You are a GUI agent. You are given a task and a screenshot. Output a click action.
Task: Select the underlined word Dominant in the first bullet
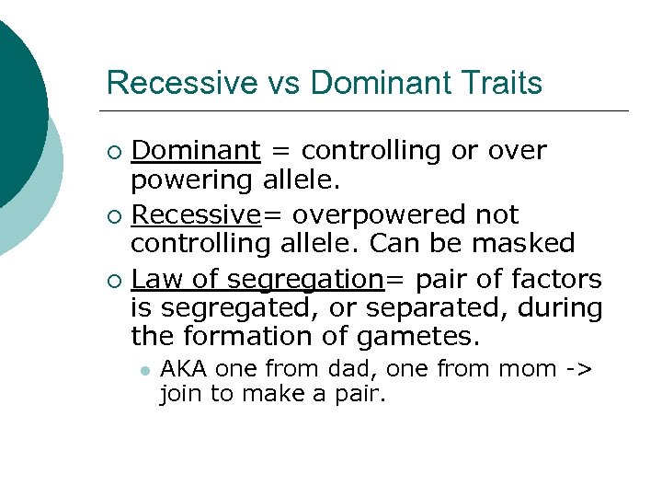point(196,150)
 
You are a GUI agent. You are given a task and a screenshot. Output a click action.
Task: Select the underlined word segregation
point(304,279)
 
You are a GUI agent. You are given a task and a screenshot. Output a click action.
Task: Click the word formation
point(243,338)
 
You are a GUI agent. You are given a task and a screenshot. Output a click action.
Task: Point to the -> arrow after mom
point(579,369)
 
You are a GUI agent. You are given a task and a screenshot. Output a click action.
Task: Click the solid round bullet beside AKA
point(144,370)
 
